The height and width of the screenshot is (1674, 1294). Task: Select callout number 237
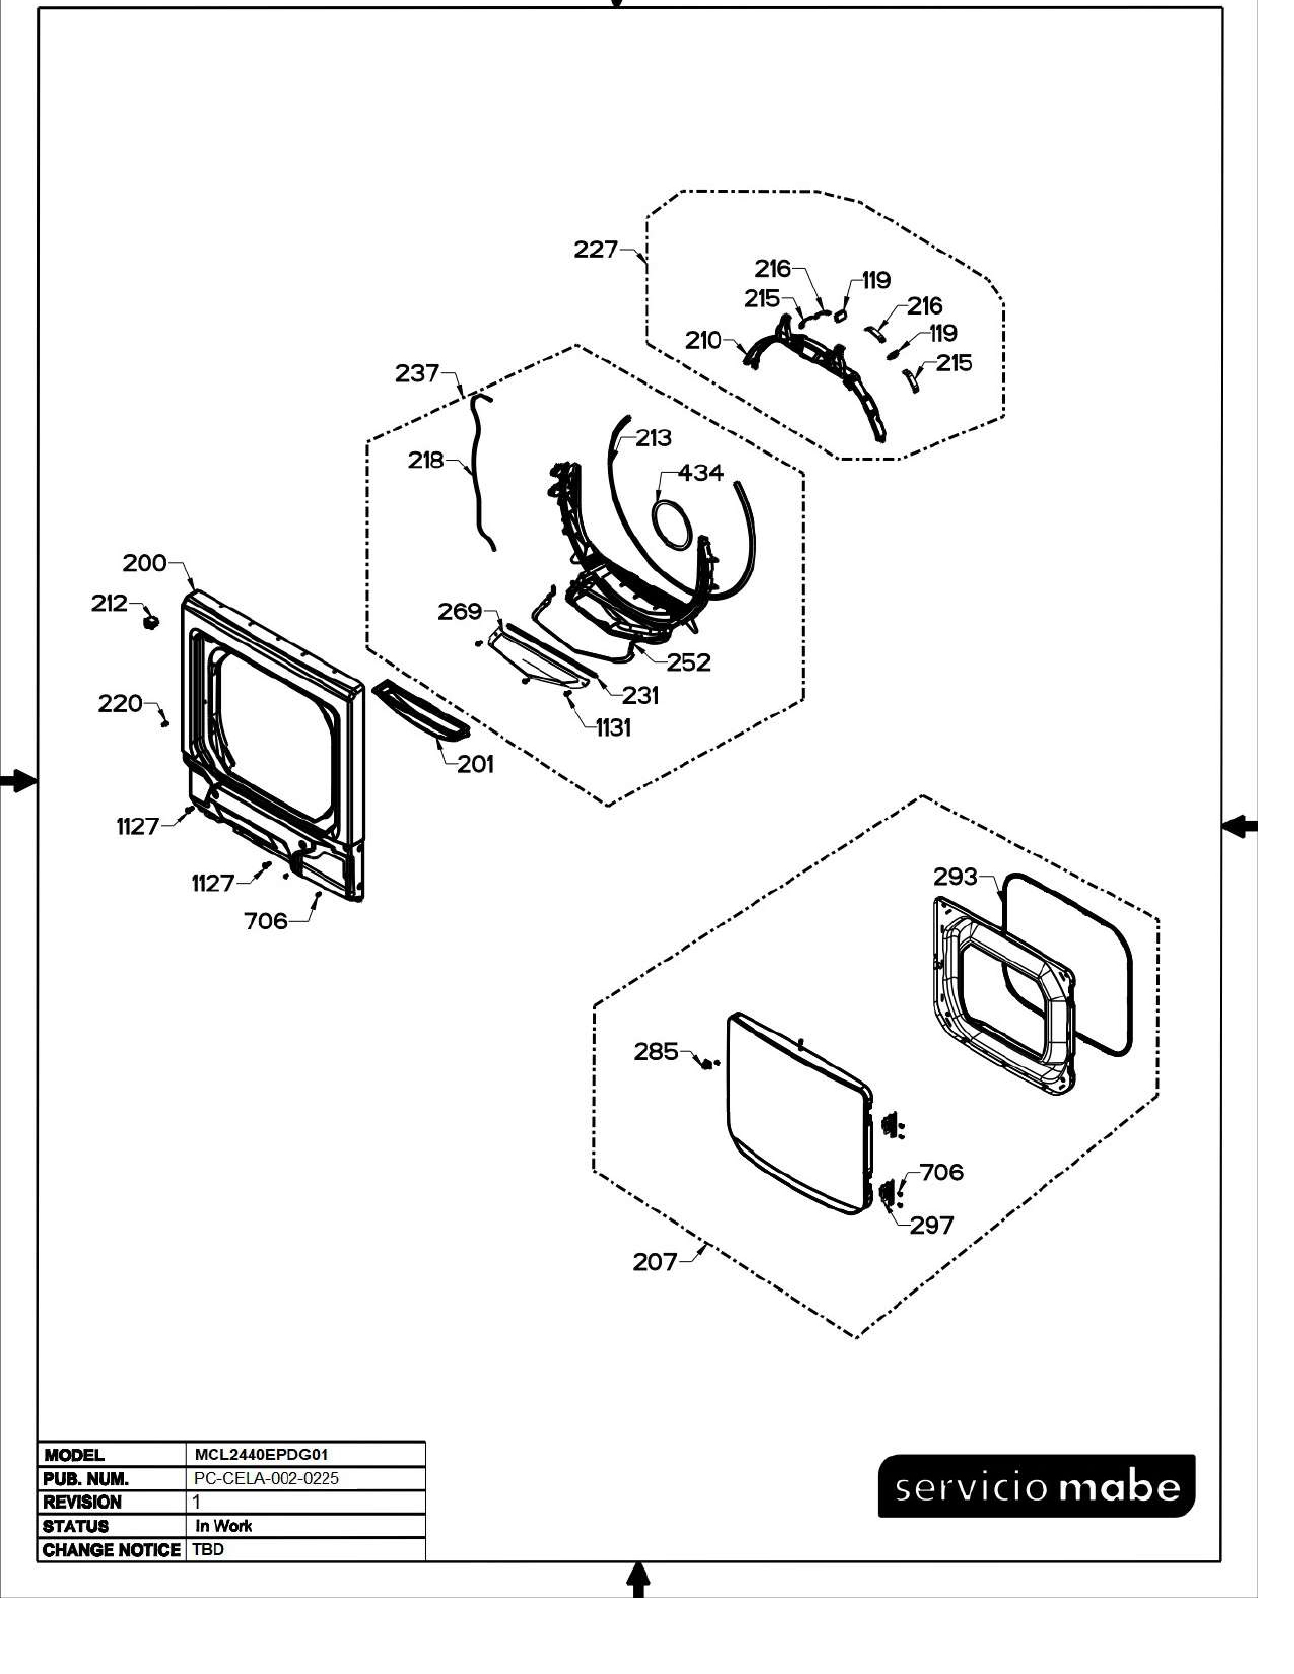pyautogui.click(x=416, y=373)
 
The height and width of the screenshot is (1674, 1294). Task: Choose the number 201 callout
pyautogui.click(x=475, y=763)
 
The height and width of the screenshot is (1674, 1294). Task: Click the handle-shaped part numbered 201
pyautogui.click(x=420, y=712)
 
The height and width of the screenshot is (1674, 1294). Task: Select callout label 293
pyautogui.click(x=955, y=876)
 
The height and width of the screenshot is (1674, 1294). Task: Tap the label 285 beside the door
pyautogui.click(x=656, y=1052)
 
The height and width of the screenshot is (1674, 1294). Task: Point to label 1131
pyautogui.click(x=614, y=727)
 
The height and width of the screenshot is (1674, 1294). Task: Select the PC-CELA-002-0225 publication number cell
pyautogui.click(x=266, y=1479)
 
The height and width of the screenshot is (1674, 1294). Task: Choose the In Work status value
pyautogui.click(x=223, y=1525)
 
